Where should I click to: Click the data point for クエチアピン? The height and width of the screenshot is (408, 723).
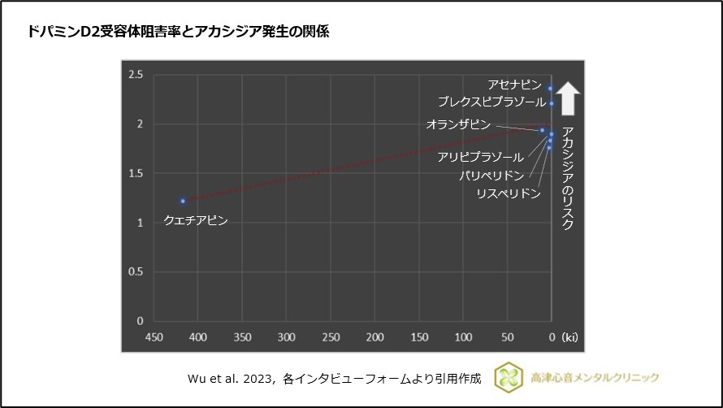(x=183, y=201)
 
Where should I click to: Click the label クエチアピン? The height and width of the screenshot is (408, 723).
(x=196, y=220)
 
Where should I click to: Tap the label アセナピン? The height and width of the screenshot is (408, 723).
(x=514, y=85)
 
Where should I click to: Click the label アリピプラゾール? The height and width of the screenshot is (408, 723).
(x=480, y=157)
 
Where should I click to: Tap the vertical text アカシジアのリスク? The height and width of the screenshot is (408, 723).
(x=569, y=178)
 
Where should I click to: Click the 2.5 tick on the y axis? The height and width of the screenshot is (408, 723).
(x=136, y=75)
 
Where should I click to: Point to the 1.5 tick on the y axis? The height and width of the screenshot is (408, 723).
(x=136, y=174)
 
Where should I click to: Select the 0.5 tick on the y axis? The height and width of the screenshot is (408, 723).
(x=136, y=272)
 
